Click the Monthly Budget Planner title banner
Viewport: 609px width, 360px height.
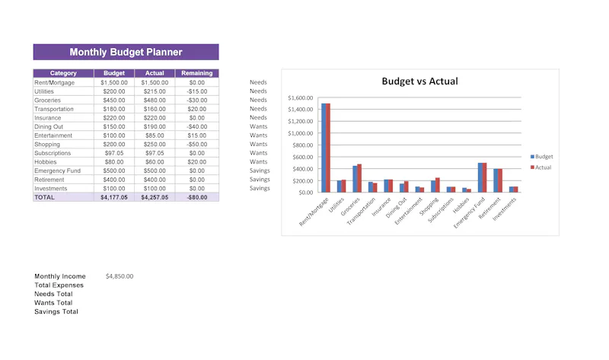pyautogui.click(x=126, y=52)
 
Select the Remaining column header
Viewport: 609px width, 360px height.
pyautogui.click(x=197, y=73)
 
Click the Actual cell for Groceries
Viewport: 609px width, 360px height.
pyautogui.click(x=155, y=100)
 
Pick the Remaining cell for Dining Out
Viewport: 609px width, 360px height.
pyautogui.click(x=197, y=126)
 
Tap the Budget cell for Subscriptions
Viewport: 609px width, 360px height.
pyautogui.click(x=114, y=153)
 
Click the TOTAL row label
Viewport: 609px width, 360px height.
pyautogui.click(x=45, y=197)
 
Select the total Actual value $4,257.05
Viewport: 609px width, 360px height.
pyautogui.click(x=155, y=197)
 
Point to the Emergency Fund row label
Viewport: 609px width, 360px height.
pyautogui.click(x=58, y=171)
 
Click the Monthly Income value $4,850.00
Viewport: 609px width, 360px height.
pyautogui.click(x=120, y=276)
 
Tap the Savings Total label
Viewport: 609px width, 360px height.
pyautogui.click(x=56, y=311)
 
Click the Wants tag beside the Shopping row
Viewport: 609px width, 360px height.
pyautogui.click(x=259, y=144)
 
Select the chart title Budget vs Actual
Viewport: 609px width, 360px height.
pyautogui.click(x=420, y=81)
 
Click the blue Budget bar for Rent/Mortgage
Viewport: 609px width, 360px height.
pyautogui.click(x=324, y=148)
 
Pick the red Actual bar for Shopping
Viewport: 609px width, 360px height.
pyautogui.click(x=438, y=185)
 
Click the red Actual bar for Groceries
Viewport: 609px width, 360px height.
pyautogui.click(x=359, y=178)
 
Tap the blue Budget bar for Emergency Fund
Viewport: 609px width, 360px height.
pyautogui.click(x=480, y=177)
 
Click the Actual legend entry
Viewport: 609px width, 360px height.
pyautogui.click(x=540, y=167)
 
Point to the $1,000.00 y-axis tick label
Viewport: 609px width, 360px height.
pyautogui.click(x=300, y=133)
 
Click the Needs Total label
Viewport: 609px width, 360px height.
pyautogui.click(x=53, y=294)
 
